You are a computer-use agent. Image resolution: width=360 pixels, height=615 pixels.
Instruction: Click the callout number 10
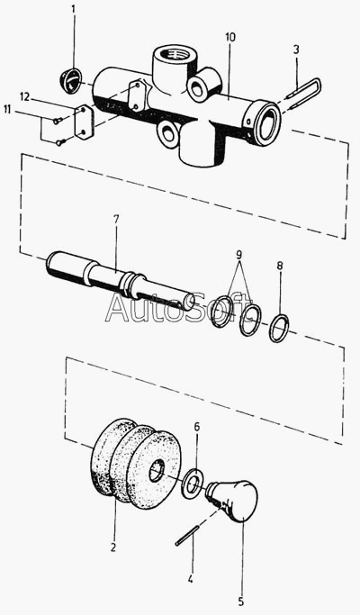point(230,37)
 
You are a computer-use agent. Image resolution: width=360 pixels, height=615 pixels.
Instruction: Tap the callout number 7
point(116,219)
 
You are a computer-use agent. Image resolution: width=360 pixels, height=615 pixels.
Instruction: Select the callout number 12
point(24,97)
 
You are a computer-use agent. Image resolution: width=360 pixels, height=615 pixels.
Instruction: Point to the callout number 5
point(241,601)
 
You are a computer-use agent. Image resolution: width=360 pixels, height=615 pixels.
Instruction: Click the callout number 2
point(112,547)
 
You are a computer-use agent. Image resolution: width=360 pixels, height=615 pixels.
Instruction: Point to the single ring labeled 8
point(279,328)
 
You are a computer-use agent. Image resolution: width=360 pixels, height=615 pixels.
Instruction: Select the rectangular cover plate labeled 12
point(83,122)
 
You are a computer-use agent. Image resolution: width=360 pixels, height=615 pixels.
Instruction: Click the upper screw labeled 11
point(57,122)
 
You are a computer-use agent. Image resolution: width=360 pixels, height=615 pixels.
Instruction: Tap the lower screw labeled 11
point(60,143)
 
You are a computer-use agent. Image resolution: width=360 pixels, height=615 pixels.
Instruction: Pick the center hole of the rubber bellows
point(158,471)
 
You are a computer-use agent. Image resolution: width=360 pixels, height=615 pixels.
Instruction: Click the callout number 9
point(239,255)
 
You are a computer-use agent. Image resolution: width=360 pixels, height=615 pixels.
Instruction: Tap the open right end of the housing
point(267,122)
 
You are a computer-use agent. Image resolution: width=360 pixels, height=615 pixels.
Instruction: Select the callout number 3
point(296,50)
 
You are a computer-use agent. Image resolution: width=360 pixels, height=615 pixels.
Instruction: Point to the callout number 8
point(279,266)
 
